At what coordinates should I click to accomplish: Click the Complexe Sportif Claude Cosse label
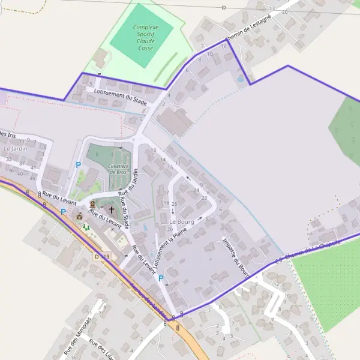tap(145, 37)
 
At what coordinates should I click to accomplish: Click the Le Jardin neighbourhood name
tap(16, 148)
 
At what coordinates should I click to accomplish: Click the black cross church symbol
tap(111, 211)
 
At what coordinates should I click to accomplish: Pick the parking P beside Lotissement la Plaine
tap(161, 278)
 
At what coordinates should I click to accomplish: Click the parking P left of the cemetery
tap(78, 164)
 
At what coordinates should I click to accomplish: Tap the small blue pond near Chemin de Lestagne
tap(241, 79)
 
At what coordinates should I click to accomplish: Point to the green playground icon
tap(86, 227)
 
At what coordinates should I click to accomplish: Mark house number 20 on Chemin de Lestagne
tap(284, 12)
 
